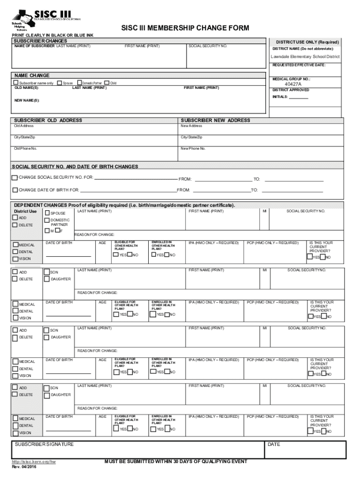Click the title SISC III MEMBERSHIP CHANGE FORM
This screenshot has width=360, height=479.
pyautogui.click(x=185, y=29)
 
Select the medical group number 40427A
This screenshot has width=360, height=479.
pyautogui.click(x=293, y=85)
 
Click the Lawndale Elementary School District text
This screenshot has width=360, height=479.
pyautogui.click(x=305, y=57)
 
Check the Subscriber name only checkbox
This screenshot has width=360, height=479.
pyautogui.click(x=16, y=83)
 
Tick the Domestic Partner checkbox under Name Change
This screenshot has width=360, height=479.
pyautogui.click(x=79, y=83)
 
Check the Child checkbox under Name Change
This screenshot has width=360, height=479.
pyautogui.click(x=107, y=83)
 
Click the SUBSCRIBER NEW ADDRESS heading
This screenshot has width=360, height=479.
pyautogui.click(x=215, y=120)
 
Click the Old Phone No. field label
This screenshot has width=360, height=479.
pyautogui.click(x=25, y=148)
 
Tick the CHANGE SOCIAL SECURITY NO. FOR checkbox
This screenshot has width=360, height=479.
pyautogui.click(x=15, y=178)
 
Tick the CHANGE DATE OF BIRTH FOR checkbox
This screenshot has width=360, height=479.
pyautogui.click(x=15, y=190)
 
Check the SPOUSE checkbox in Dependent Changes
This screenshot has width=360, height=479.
pyautogui.click(x=47, y=213)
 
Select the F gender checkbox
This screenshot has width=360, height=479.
pyautogui.click(x=57, y=230)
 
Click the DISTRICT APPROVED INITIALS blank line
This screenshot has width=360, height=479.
pyautogui.click(x=298, y=98)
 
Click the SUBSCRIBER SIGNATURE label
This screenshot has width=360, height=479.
pyautogui.click(x=43, y=444)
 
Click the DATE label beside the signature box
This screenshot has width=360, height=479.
pyautogui.click(x=274, y=444)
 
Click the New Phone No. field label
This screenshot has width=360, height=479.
pyautogui.click(x=193, y=148)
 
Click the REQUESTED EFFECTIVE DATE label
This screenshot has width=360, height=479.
pyautogui.click(x=299, y=65)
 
